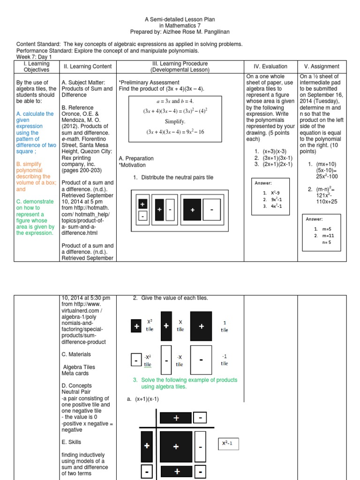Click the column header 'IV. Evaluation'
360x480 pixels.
(270, 67)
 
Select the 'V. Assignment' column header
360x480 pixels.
(321, 67)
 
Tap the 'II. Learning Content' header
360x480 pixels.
(88, 67)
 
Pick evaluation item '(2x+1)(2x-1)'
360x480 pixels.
(279, 164)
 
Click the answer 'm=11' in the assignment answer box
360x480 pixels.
(326, 235)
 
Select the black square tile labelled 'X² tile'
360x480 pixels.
(136, 327)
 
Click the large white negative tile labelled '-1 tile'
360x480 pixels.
(201, 360)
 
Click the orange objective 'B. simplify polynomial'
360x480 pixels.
(33, 171)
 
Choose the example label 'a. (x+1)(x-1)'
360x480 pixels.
(143, 399)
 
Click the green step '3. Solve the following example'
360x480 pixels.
(185, 383)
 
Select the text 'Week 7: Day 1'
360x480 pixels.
(34, 57)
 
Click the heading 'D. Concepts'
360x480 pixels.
(76, 386)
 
